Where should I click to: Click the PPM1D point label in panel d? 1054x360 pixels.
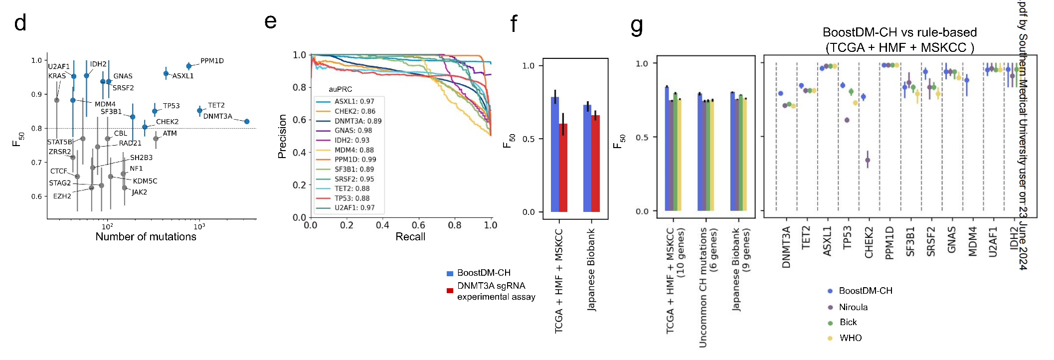click(x=212, y=61)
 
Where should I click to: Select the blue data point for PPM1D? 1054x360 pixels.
click(x=189, y=66)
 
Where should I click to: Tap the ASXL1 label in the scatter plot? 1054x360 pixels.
click(x=183, y=76)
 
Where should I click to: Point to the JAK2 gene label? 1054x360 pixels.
click(x=139, y=192)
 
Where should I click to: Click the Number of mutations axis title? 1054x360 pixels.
click(x=146, y=237)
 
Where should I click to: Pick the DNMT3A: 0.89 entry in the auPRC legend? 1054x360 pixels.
click(x=358, y=121)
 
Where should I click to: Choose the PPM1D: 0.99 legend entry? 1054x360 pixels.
click(x=355, y=160)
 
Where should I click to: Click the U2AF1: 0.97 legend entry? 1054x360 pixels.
click(x=354, y=208)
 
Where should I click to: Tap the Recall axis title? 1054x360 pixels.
click(x=410, y=237)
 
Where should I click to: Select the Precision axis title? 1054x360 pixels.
click(x=282, y=136)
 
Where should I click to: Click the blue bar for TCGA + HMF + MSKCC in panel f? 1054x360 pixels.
click(x=555, y=155)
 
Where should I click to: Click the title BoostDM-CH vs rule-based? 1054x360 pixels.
click(x=899, y=33)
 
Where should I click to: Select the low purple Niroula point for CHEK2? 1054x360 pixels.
click(x=868, y=161)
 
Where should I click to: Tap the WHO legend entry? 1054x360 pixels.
click(x=850, y=338)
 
